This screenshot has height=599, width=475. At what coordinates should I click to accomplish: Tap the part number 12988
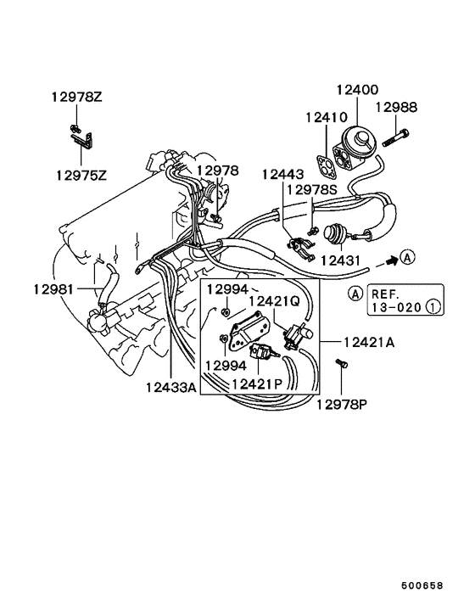click(398, 107)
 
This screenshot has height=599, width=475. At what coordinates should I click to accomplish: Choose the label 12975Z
click(82, 175)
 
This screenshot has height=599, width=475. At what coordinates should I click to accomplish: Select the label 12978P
click(344, 404)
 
